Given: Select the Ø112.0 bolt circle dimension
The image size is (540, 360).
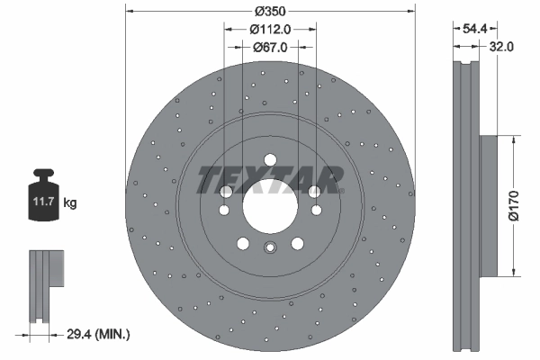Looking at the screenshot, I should [x=270, y=30].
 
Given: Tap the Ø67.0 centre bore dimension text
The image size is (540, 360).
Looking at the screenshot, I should [x=270, y=48].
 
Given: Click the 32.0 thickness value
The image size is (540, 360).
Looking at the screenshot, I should [x=502, y=48].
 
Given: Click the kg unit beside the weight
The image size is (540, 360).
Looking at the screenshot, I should [x=70, y=203].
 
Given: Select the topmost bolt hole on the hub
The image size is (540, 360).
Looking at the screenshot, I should [x=270, y=160].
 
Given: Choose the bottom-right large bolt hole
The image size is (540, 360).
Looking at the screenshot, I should [x=297, y=242].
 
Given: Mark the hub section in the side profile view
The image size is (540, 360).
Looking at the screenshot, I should [x=489, y=205].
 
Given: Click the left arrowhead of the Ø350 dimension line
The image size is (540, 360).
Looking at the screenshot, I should [x=129, y=12].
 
